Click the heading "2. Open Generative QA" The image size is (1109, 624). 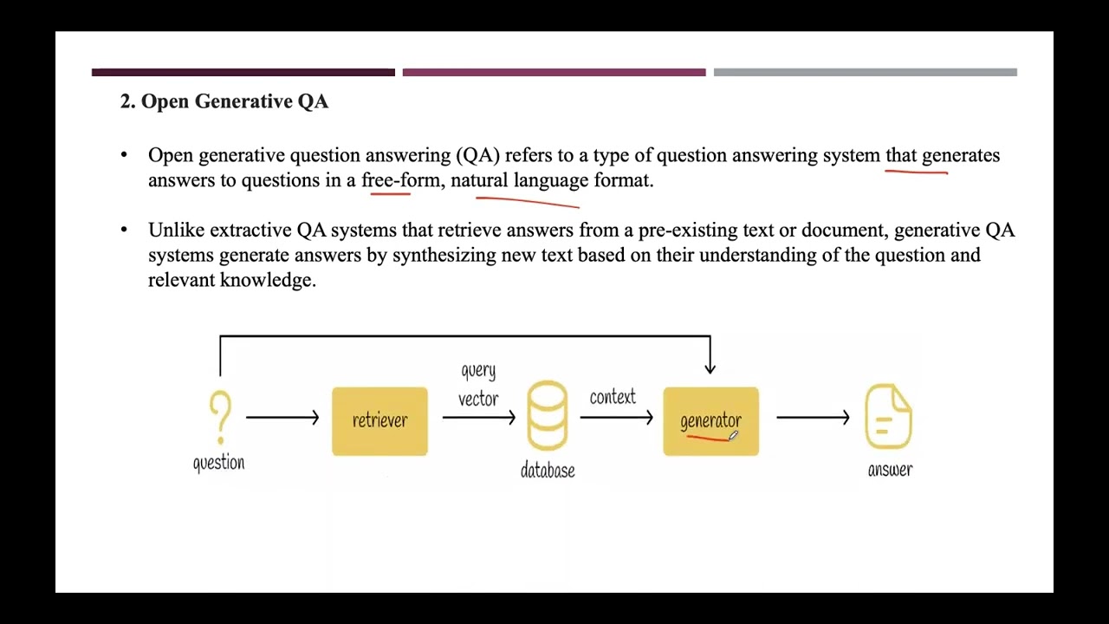coord(224,101)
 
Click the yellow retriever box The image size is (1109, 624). coord(379,421)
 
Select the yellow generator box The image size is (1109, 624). coord(710,421)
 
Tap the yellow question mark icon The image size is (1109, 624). coord(220,417)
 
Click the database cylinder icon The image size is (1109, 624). coord(548,416)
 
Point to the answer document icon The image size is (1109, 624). coord(889,418)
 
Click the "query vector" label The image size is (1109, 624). coord(478,385)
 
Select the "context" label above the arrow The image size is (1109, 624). coord(613,397)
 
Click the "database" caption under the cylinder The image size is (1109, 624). coord(548,471)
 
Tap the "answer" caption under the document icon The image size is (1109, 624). coord(890,470)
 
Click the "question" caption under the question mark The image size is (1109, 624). coord(218,463)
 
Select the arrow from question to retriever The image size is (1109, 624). coord(282,418)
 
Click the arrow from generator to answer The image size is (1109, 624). coord(813,418)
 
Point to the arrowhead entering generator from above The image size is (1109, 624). coord(710,368)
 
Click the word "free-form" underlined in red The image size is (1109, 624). coord(400,180)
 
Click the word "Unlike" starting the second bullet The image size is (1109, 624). coord(176,231)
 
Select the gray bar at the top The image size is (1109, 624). coord(865,73)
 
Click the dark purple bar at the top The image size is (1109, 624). coord(243,73)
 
